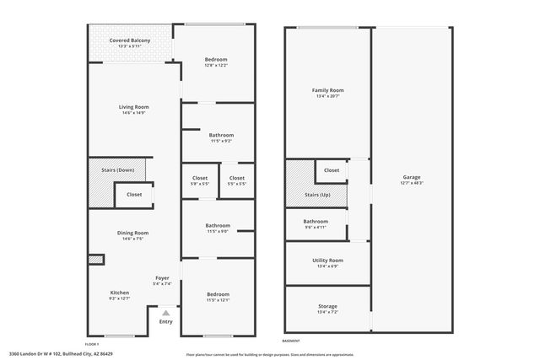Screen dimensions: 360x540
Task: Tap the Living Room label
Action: [x=133, y=107]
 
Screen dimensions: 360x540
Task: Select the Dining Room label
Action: [x=135, y=233]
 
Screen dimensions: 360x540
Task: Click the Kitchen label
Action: [x=119, y=293]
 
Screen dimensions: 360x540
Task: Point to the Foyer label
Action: [x=163, y=277]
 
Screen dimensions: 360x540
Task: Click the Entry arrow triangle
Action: [x=165, y=312]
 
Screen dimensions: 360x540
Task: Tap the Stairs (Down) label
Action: [x=118, y=169]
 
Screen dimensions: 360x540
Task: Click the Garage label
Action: [x=412, y=176]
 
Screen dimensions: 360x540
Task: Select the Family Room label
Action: [x=327, y=90]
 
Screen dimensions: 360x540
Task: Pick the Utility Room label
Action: [x=327, y=261]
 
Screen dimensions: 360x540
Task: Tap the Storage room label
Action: [x=327, y=306]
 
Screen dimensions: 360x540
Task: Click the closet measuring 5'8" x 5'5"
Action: [x=200, y=184]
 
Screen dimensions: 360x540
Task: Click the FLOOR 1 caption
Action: [x=92, y=343]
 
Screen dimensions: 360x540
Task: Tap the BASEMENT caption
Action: [x=291, y=341]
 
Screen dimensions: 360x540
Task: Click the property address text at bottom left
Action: [x=61, y=354]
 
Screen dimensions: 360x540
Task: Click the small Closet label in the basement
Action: [x=332, y=170]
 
